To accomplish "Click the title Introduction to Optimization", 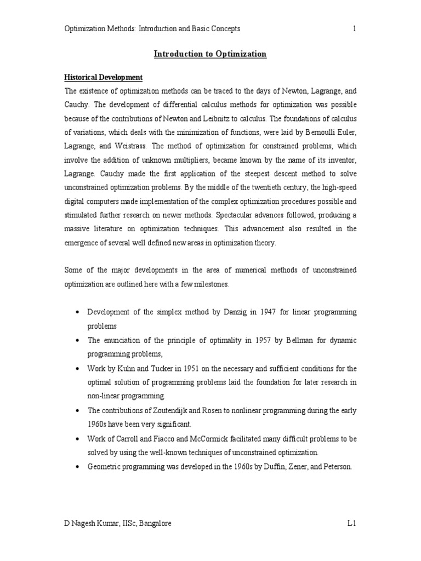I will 210,54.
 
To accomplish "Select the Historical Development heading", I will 104,78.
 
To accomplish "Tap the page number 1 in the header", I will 355,29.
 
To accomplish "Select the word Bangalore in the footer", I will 153,523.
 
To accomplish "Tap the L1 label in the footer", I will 352,523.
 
